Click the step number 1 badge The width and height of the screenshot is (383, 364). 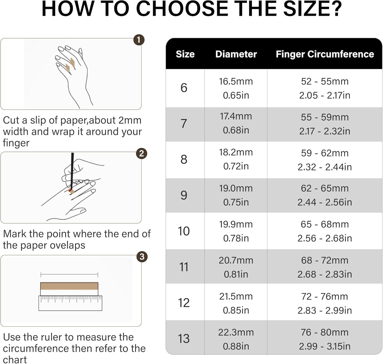[x=139, y=40]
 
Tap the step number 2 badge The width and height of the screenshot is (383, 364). [x=141, y=154]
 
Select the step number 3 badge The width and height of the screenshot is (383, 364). [x=142, y=257]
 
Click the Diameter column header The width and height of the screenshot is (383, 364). [x=236, y=54]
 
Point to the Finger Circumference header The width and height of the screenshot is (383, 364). [x=325, y=54]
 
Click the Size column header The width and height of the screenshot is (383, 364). [x=185, y=54]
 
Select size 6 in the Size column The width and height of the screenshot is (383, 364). [x=184, y=88]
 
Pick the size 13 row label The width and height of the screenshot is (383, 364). [x=184, y=338]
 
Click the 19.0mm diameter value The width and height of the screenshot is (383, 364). [x=236, y=188]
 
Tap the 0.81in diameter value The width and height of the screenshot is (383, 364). [x=236, y=274]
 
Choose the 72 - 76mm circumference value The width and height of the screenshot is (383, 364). [x=325, y=297]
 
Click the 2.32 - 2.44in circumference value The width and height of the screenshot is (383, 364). [x=325, y=167]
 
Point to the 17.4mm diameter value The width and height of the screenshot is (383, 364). [x=236, y=116]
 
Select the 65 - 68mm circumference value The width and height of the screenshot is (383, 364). [x=325, y=225]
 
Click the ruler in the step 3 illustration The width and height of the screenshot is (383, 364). [x=70, y=303]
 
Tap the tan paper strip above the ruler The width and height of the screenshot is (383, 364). [x=69, y=286]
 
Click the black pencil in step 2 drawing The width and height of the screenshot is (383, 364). [x=72, y=171]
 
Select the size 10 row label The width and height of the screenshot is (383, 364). [x=184, y=231]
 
